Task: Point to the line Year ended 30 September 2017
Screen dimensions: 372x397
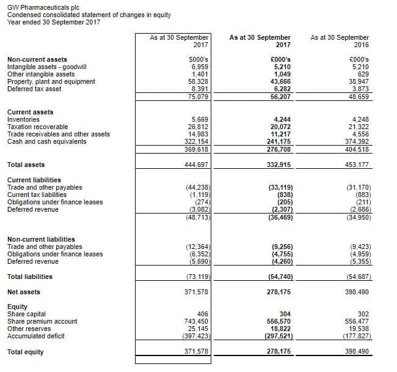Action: click(x=54, y=22)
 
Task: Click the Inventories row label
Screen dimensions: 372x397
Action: click(x=23, y=119)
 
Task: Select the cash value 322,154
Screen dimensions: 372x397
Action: click(x=196, y=141)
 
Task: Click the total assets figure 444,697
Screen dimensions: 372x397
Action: click(x=197, y=165)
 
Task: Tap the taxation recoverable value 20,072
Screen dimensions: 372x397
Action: click(x=279, y=127)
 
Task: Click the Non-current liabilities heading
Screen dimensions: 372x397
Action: click(x=41, y=239)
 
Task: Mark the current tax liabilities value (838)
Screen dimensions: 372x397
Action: click(x=280, y=195)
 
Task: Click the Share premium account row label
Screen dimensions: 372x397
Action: click(x=42, y=321)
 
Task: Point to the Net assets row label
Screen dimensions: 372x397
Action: click(x=23, y=292)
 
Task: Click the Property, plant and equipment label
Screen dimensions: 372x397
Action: click(x=51, y=81)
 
